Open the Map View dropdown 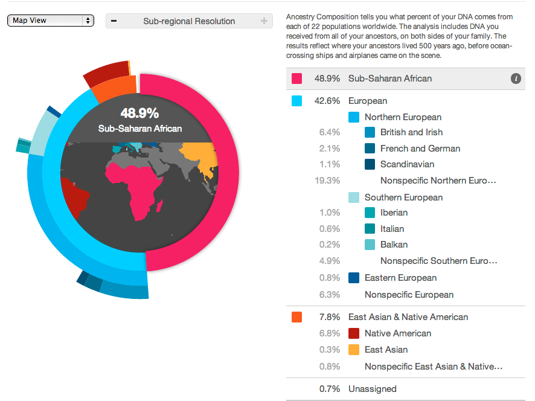coord(51,21)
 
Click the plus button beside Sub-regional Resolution coord(264,21)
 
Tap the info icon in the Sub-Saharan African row coord(516,79)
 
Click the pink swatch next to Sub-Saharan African coord(297,79)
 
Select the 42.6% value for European coord(327,101)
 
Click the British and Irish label coord(411,132)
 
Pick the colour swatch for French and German coord(370,149)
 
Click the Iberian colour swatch coord(370,213)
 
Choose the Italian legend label coord(392,229)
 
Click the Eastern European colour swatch coord(354,278)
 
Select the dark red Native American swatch coord(354,333)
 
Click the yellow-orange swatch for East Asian coord(354,350)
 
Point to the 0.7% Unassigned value coord(329,389)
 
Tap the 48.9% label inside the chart coord(139,113)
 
